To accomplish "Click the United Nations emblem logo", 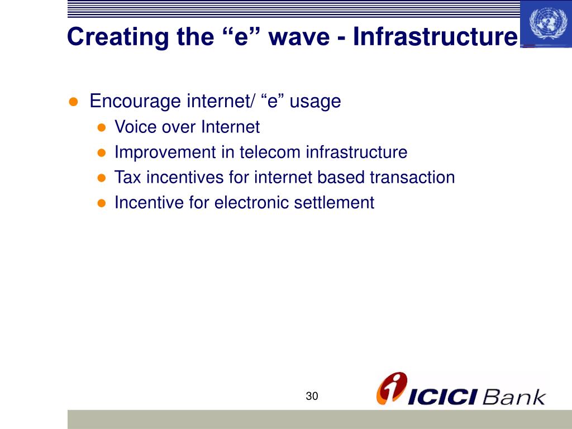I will pos(545,23).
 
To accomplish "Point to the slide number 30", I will pos(312,397).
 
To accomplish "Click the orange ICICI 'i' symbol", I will pos(391,388).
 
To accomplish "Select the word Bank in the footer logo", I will pos(513,397).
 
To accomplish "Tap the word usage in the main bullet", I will pos(315,102).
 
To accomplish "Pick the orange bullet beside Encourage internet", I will pos(73,102).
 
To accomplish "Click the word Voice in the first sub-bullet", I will pos(136,127).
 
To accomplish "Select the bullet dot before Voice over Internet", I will pos(102,127).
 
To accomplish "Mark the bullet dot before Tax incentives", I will pos(102,178).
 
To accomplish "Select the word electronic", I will pos(249,203).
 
